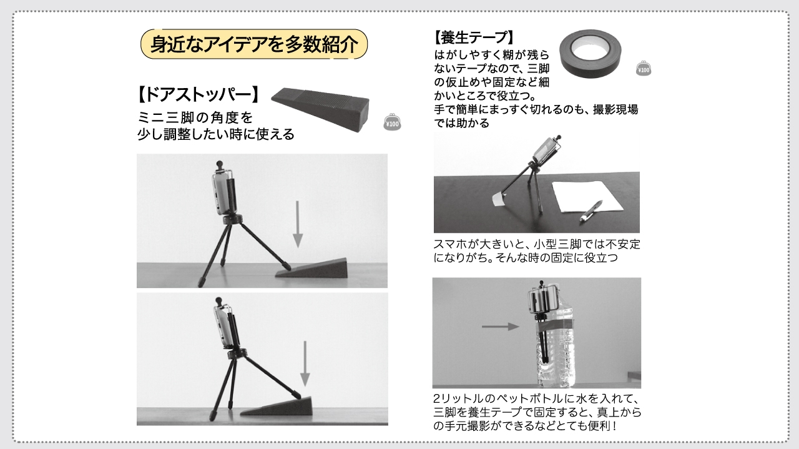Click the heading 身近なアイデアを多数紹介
click(254, 44)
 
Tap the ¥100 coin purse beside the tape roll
click(644, 69)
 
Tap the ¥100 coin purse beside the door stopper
click(392, 122)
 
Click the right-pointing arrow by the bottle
click(501, 326)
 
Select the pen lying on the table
click(591, 212)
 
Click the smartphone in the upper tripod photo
click(224, 194)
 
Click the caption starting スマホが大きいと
click(537, 250)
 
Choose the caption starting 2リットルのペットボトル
click(537, 412)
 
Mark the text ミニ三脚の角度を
click(195, 117)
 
